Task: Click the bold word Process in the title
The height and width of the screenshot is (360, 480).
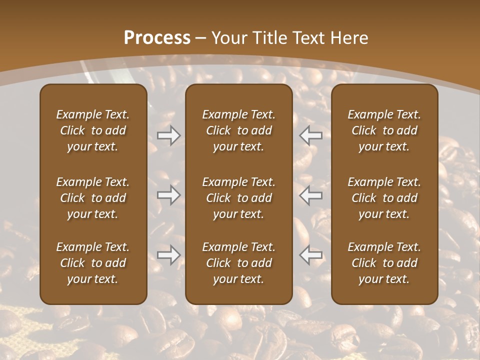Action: (x=157, y=38)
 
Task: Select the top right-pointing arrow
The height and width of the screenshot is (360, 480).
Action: (x=168, y=135)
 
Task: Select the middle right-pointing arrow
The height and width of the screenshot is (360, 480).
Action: (x=168, y=195)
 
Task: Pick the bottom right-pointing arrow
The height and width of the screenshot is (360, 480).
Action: (x=168, y=255)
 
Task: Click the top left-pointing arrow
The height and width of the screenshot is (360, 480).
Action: (x=311, y=135)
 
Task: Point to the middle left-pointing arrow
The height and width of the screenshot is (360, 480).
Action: (x=311, y=195)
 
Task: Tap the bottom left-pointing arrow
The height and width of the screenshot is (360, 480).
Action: (x=311, y=255)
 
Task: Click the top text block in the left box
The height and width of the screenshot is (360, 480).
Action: (x=93, y=130)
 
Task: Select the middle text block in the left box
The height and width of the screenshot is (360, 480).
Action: (x=93, y=198)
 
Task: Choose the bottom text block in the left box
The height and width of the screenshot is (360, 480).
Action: (x=93, y=263)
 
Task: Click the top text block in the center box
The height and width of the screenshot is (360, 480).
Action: (x=238, y=130)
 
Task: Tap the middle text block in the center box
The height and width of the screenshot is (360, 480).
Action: (x=238, y=198)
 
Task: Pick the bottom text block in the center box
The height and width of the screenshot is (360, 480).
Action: (x=238, y=263)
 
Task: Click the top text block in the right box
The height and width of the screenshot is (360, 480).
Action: (x=384, y=130)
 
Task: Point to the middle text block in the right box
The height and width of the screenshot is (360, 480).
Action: (x=384, y=198)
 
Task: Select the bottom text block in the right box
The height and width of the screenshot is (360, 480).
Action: (x=384, y=263)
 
